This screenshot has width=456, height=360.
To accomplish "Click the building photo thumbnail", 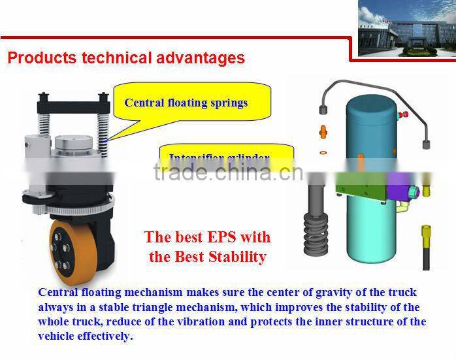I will pyautogui.click(x=406, y=29).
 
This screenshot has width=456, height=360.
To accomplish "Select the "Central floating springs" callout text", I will pyautogui.click(x=186, y=103).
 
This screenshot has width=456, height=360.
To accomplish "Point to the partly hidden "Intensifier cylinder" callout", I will pyautogui.click(x=220, y=157).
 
